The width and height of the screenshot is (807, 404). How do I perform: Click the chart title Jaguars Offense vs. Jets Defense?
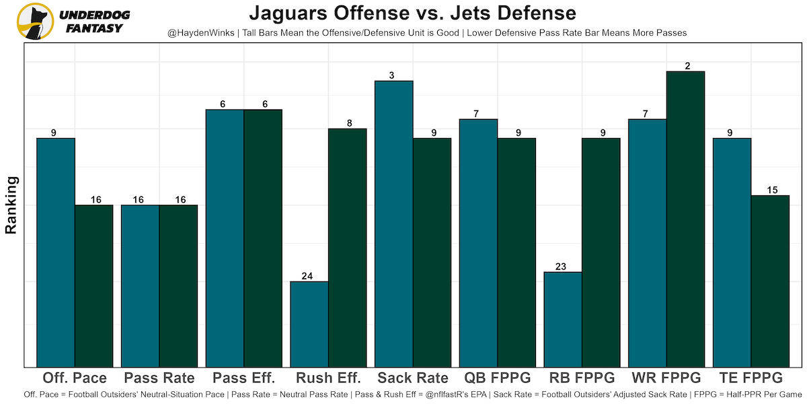(x=412, y=13)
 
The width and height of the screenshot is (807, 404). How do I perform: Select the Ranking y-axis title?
(x=11, y=205)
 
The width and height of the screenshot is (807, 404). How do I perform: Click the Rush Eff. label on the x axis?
(x=329, y=378)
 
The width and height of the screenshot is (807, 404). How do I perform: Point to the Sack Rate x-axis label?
(x=413, y=378)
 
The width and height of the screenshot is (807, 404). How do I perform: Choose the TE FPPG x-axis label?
(x=751, y=378)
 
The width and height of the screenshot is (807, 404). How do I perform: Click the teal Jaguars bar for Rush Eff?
(x=309, y=324)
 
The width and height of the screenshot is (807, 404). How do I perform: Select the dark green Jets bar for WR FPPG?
(x=685, y=219)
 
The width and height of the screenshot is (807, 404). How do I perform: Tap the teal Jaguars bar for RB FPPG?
(x=563, y=319)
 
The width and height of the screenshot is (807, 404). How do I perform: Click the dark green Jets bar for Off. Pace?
(x=93, y=285)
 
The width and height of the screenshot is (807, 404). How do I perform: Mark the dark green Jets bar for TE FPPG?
(x=770, y=281)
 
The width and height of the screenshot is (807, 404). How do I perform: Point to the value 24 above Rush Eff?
(x=309, y=276)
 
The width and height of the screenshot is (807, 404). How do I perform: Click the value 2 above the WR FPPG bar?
(x=685, y=66)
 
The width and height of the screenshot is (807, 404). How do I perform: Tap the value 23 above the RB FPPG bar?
(x=563, y=267)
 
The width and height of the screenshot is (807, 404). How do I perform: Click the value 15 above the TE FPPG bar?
(x=770, y=190)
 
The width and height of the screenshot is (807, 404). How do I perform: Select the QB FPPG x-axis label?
(x=498, y=378)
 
